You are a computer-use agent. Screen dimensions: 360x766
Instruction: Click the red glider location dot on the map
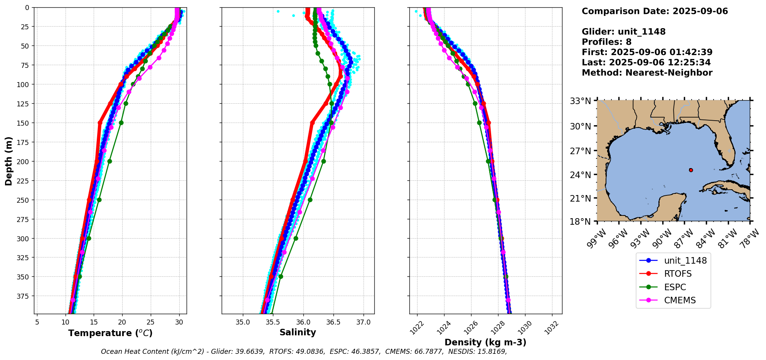(x=691, y=170)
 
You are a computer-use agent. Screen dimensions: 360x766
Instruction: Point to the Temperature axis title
(x=110, y=333)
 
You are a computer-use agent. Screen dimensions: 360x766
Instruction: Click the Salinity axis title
(x=298, y=332)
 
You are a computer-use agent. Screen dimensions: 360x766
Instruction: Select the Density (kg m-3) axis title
(x=485, y=342)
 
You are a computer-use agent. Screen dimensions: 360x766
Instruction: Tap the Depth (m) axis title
(x=8, y=161)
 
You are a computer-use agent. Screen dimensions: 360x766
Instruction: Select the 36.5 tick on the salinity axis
(x=333, y=322)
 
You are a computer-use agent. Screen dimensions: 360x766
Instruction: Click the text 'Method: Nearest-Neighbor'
(x=647, y=73)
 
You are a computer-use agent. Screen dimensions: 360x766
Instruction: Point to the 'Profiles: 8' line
(x=606, y=42)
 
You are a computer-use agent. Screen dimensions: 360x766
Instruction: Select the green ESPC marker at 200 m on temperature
(x=109, y=161)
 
